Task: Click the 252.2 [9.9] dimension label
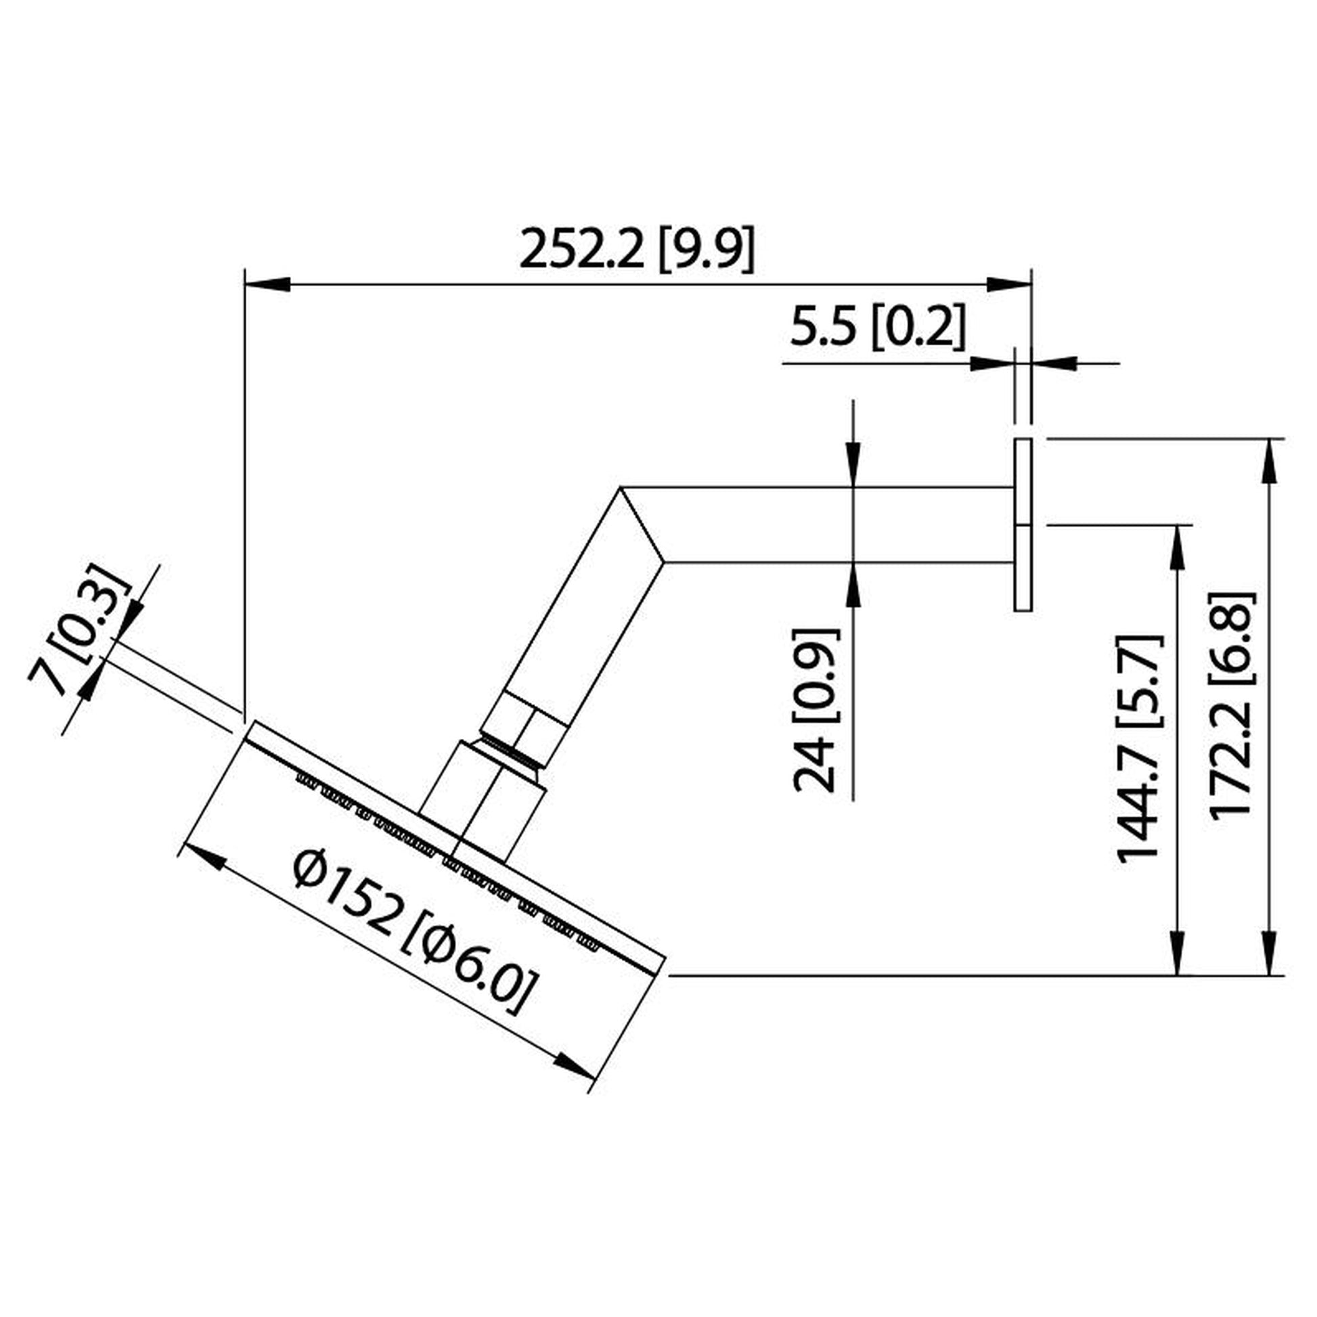click(638, 249)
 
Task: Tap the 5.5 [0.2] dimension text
click(877, 326)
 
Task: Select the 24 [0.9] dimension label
click(816, 711)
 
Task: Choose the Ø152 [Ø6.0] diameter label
click(411, 932)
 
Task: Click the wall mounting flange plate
click(1023, 524)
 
